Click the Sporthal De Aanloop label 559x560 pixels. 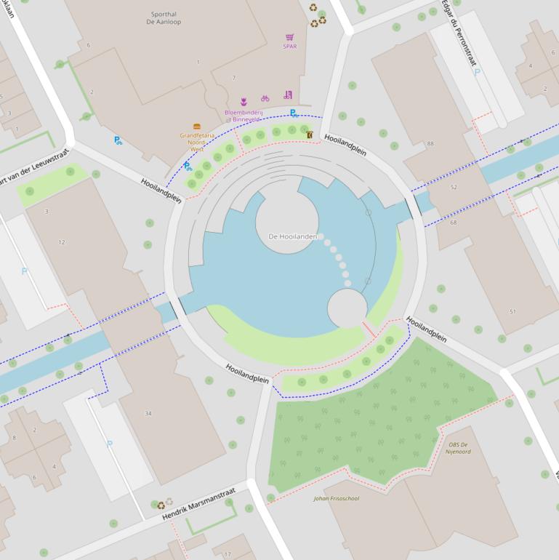[x=164, y=18]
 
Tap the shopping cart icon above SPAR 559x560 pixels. [x=290, y=37]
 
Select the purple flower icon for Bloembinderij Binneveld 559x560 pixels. [x=244, y=102]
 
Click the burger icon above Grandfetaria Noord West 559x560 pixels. [x=197, y=127]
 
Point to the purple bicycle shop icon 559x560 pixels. [x=265, y=97]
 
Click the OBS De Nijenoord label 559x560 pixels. [x=459, y=447]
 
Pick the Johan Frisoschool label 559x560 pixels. [x=336, y=498]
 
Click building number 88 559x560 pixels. [x=430, y=144]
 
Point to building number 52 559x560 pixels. [x=454, y=188]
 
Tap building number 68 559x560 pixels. [x=454, y=222]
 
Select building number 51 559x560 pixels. [x=512, y=311]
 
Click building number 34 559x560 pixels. [x=148, y=414]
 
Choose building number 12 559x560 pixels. [x=62, y=242]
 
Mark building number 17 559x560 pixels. [x=228, y=554]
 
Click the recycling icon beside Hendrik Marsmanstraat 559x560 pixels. [x=161, y=505]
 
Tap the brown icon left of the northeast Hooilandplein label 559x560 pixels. [x=309, y=135]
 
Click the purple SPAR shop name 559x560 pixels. [x=290, y=47]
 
